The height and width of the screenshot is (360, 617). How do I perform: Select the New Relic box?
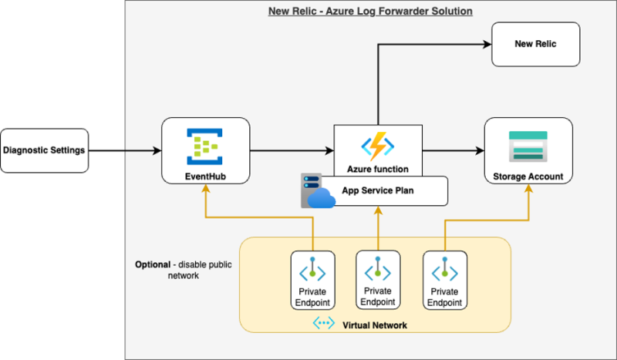click(535, 44)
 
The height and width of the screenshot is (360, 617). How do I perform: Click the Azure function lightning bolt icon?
click(378, 146)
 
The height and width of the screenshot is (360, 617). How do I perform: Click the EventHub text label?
click(205, 177)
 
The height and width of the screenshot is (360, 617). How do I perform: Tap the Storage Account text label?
click(528, 177)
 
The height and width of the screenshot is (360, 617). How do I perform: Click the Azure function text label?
click(378, 168)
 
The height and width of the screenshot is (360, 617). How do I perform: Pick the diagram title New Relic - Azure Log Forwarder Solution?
click(370, 12)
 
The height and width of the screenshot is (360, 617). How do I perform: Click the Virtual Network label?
click(374, 325)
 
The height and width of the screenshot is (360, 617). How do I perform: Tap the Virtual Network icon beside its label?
click(323, 325)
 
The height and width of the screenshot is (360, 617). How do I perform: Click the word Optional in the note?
click(153, 264)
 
